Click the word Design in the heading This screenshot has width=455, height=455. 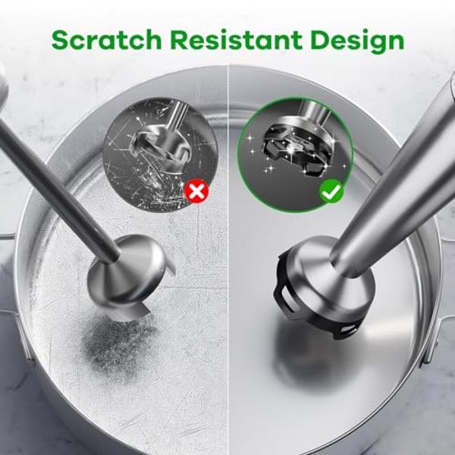point(357,41)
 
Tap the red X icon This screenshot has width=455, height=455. point(196,191)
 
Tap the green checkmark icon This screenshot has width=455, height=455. point(331,191)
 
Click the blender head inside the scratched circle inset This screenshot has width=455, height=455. point(158,145)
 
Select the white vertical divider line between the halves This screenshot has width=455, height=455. point(228,259)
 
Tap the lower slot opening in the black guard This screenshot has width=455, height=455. point(348,329)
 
